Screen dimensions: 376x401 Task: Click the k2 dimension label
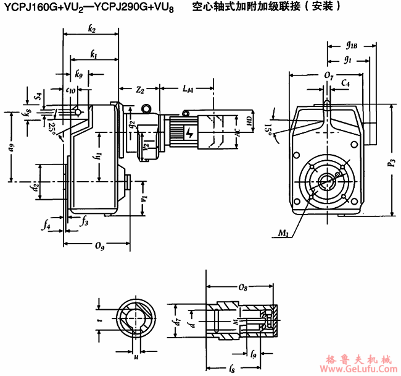click(92, 29)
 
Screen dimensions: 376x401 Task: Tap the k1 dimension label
click(93, 54)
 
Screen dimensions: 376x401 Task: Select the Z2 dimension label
click(140, 90)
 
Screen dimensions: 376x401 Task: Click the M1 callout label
click(283, 233)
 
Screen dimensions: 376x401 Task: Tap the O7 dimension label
click(328, 75)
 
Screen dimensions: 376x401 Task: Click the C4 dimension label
click(346, 82)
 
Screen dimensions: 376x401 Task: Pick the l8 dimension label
click(231, 369)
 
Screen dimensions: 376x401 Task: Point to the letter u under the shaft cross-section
click(136, 357)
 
